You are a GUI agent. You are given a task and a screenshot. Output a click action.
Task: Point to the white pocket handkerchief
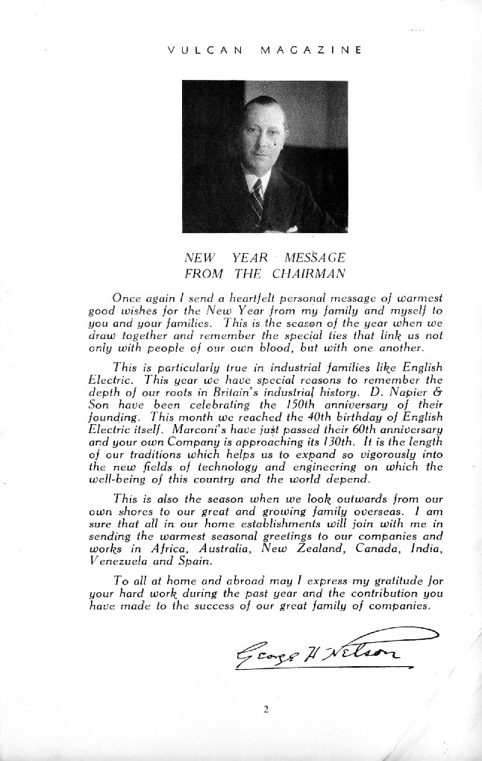click(292, 229)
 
